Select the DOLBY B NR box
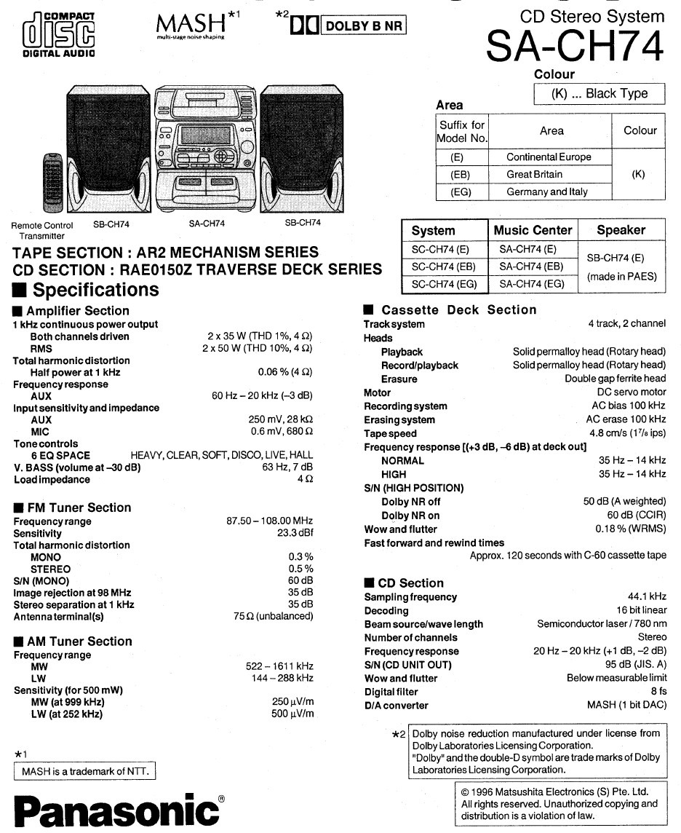point(362,25)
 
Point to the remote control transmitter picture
point(50,183)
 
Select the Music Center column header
point(533,230)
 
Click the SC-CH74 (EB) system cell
point(444,267)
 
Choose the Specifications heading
point(95,290)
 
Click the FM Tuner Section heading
point(79,508)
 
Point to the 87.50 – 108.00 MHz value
point(269,521)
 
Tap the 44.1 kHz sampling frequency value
point(647,596)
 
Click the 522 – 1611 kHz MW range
point(279,666)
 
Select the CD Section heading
point(410,583)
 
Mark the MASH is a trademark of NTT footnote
point(85,771)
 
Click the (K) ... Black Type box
point(600,94)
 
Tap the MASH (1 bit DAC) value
point(626,705)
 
